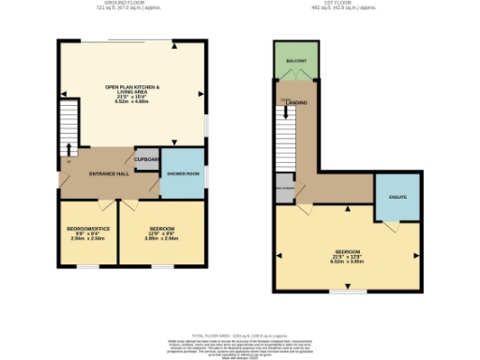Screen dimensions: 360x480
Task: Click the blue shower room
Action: tap(183, 173)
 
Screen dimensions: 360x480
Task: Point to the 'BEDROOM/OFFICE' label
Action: tap(88, 229)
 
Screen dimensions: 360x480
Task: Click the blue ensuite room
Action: tap(397, 198)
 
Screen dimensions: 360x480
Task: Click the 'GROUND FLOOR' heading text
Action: tap(130, 3)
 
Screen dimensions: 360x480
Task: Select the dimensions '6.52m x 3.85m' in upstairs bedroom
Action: tap(348, 262)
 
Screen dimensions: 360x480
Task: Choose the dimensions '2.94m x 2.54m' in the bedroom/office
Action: tap(88, 238)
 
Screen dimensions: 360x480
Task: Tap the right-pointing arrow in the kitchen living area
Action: tap(200, 94)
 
